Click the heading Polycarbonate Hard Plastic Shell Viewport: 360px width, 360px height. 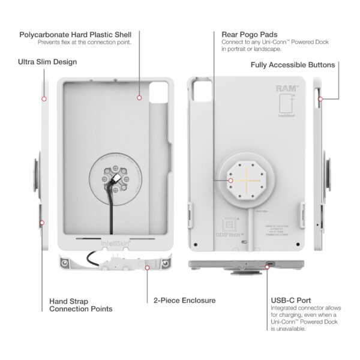(75, 34)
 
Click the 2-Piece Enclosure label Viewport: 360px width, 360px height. (184, 300)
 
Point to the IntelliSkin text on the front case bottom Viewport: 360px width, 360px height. (113, 244)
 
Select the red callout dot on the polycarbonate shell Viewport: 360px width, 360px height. (139, 97)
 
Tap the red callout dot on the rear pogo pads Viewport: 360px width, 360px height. (230, 178)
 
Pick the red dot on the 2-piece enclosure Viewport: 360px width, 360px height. (148, 268)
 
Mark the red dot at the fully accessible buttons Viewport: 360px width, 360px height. (320, 98)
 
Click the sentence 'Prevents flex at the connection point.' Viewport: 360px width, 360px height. (76, 42)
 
